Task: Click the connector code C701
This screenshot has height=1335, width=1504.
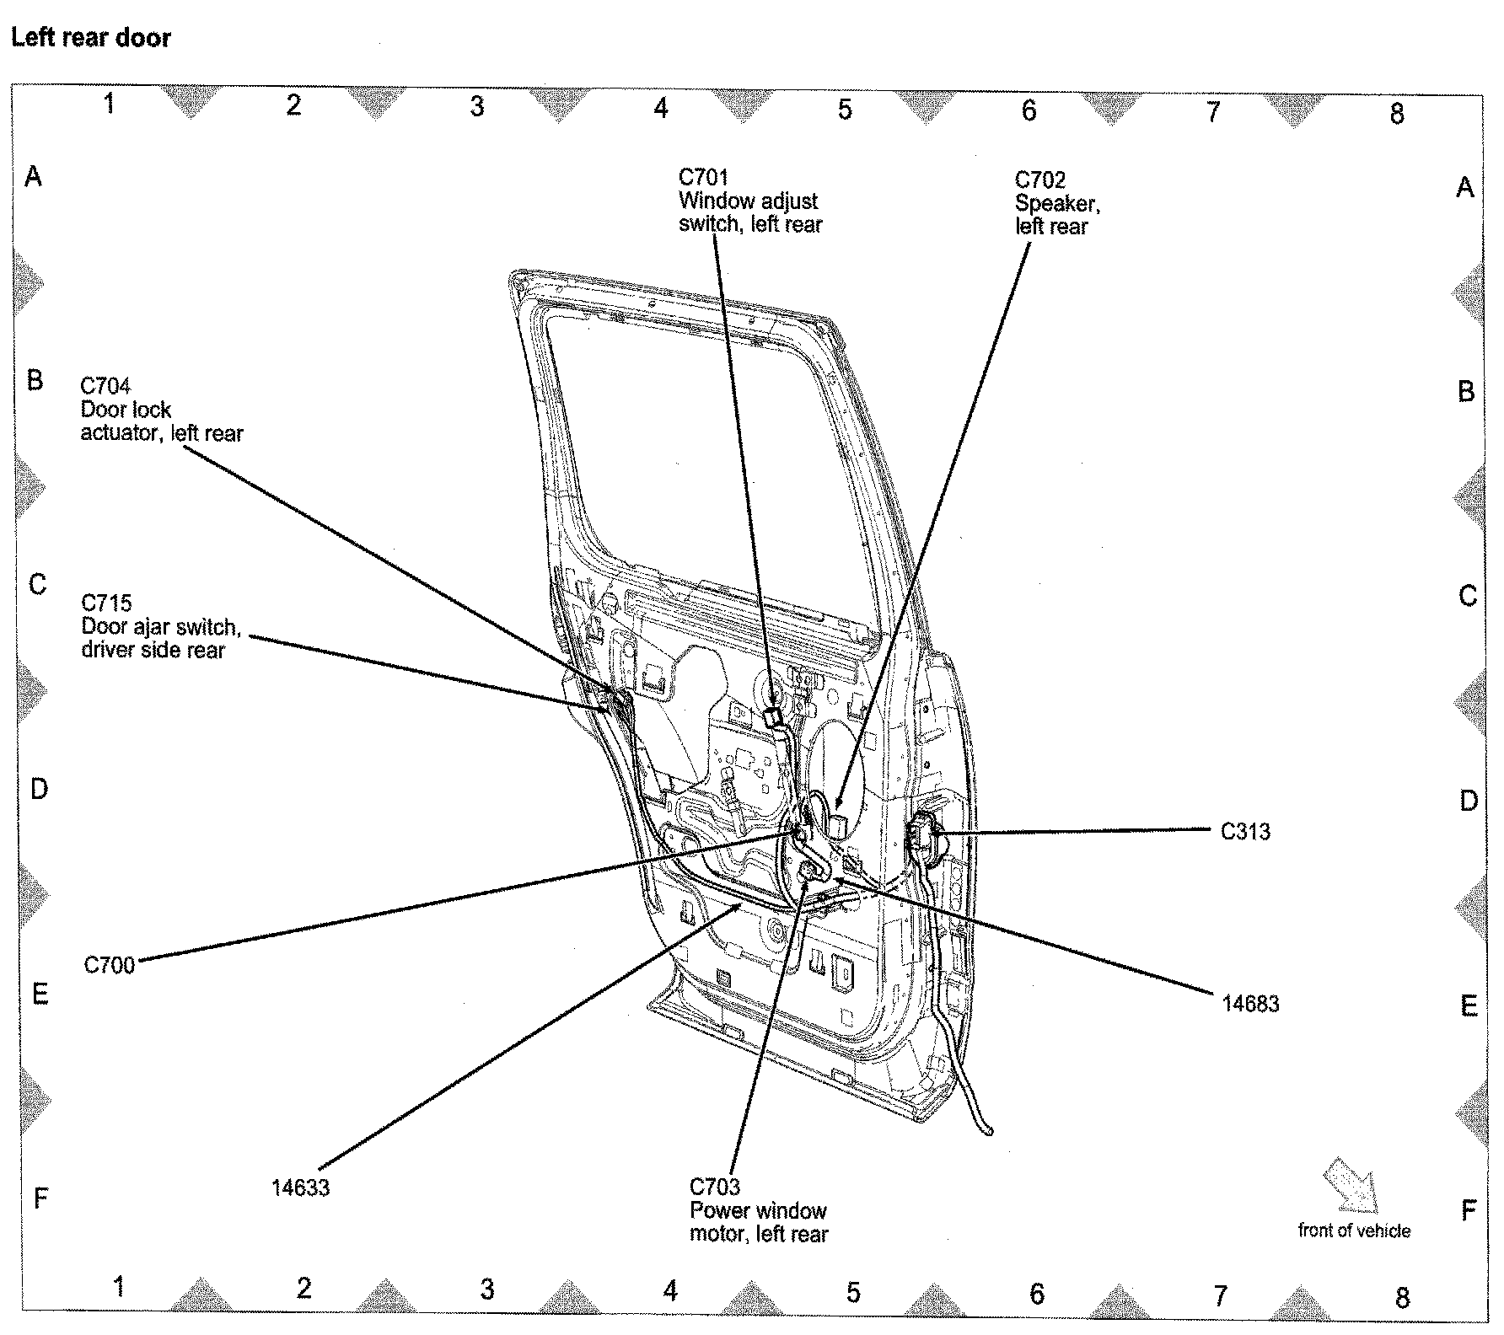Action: [x=703, y=178]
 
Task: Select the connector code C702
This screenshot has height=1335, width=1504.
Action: [x=1039, y=180]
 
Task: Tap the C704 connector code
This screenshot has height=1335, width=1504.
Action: [x=105, y=386]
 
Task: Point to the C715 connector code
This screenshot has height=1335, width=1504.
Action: [x=106, y=603]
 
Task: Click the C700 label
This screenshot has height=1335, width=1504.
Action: [x=110, y=965]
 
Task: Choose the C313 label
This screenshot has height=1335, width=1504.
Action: [x=1245, y=832]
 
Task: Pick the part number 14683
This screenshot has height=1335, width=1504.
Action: [x=1250, y=1004]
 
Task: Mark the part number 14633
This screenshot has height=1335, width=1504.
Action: [x=300, y=1188]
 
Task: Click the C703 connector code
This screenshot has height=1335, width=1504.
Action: [x=715, y=1187]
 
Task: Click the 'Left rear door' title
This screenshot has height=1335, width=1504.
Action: [x=91, y=38]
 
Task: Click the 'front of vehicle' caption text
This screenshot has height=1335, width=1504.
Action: [x=1354, y=1230]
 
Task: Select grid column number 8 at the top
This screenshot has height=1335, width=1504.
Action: [x=1397, y=114]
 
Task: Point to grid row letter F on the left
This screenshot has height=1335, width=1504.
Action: [x=40, y=1197]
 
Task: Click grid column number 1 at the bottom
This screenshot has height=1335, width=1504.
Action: [x=120, y=1287]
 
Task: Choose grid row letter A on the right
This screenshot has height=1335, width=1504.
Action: [x=1465, y=187]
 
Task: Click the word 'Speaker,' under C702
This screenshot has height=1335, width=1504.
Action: [x=1057, y=203]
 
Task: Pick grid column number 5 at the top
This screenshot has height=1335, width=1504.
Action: [x=845, y=110]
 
